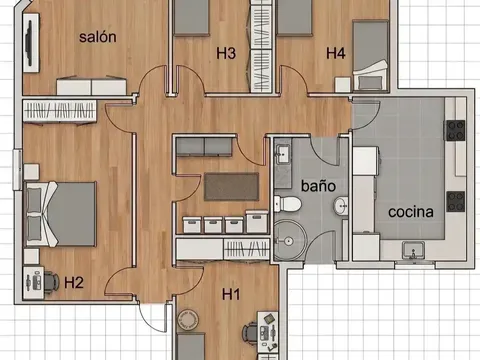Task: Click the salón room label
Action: (x=98, y=37)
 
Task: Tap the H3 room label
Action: (x=226, y=53)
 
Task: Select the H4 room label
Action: (x=336, y=53)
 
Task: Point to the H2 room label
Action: (x=74, y=283)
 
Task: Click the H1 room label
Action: (x=231, y=295)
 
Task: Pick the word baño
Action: (x=318, y=186)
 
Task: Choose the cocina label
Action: (x=411, y=212)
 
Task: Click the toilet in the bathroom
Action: (x=288, y=204)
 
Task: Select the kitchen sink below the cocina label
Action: (x=413, y=250)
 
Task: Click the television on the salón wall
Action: (x=29, y=43)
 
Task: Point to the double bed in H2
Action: (x=60, y=214)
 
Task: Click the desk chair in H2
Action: (x=51, y=282)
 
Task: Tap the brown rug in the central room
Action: (x=232, y=187)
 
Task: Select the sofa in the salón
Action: (x=92, y=86)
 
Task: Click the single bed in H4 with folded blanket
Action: (x=370, y=55)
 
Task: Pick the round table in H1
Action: (x=188, y=320)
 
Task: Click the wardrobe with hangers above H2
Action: (x=60, y=110)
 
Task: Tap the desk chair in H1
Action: (x=250, y=332)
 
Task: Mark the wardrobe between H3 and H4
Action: (x=261, y=46)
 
